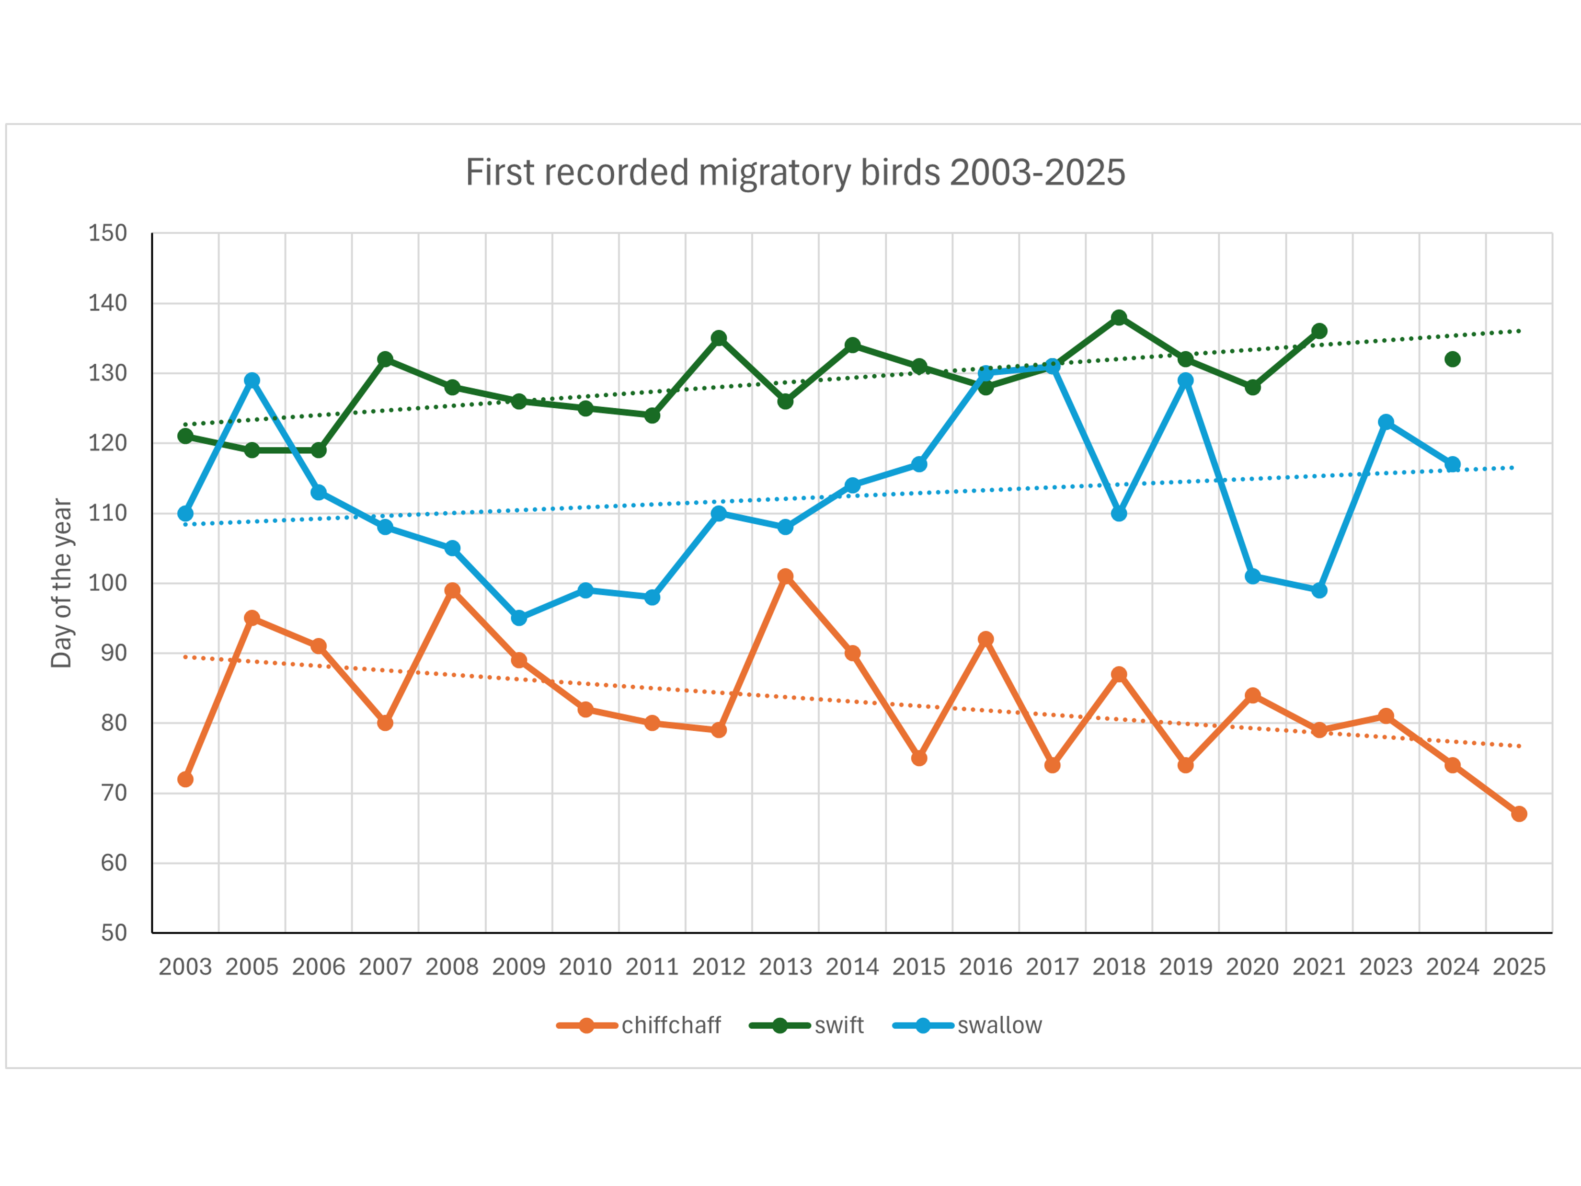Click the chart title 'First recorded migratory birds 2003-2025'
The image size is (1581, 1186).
coord(795,173)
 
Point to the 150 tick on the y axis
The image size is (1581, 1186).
coord(108,233)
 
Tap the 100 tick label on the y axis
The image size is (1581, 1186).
coord(108,583)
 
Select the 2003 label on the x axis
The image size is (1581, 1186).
coord(185,967)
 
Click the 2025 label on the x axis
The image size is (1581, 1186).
coord(1519,967)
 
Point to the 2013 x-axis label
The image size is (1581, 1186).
coord(786,967)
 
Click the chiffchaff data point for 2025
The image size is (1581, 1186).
coord(1519,814)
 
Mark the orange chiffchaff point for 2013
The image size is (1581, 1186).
coord(786,576)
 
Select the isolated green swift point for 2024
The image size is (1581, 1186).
coord(1452,359)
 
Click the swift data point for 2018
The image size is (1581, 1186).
coord(1119,317)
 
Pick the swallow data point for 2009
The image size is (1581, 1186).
coord(519,618)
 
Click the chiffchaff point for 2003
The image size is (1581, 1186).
coord(185,779)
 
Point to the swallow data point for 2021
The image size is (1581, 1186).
coord(1319,590)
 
